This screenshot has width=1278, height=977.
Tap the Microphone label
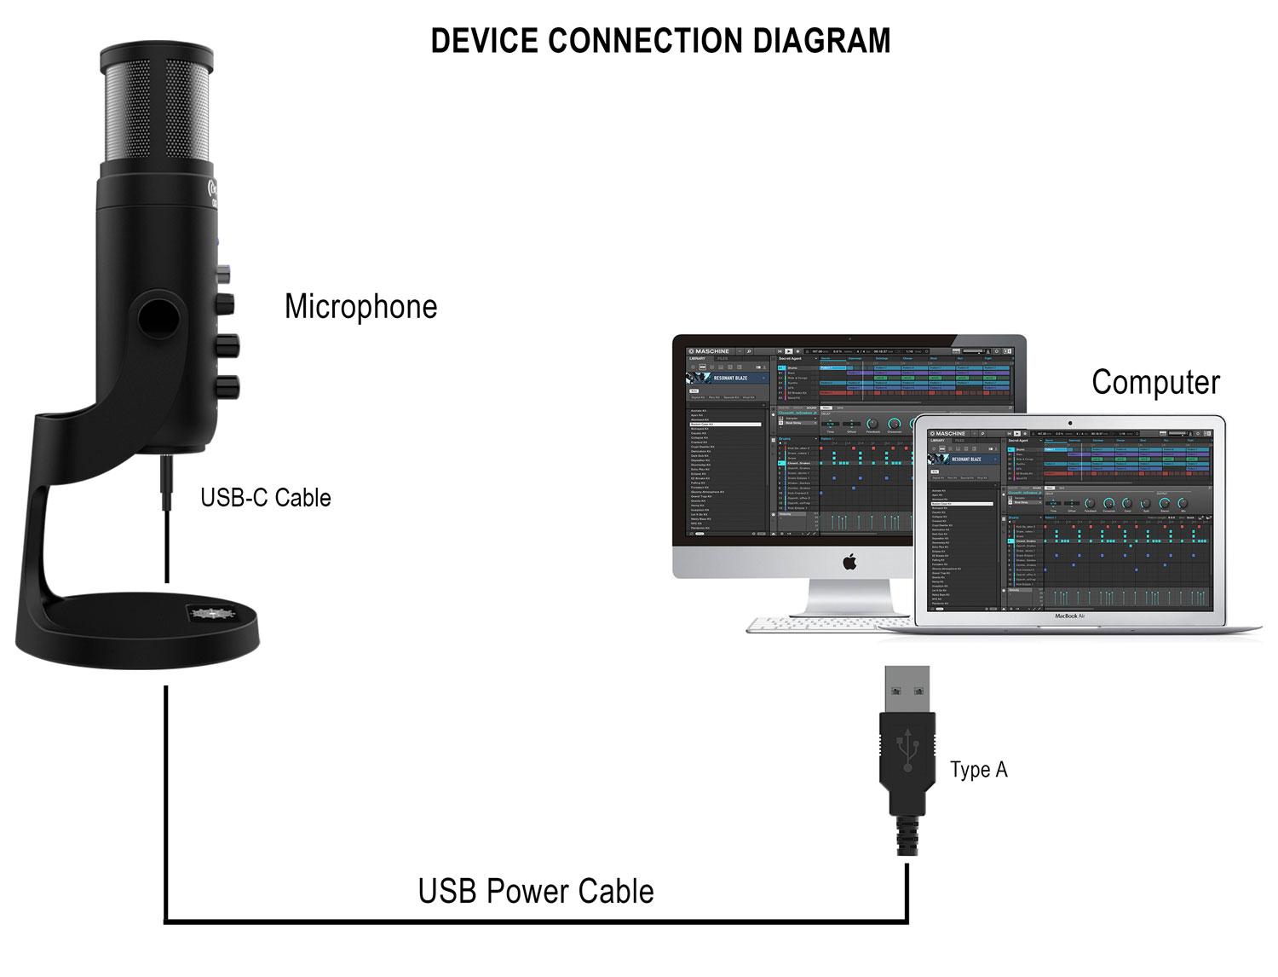tap(360, 307)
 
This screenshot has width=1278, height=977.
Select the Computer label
tap(1155, 382)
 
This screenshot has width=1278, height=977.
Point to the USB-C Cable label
tap(265, 498)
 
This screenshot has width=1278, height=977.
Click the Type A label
tap(978, 770)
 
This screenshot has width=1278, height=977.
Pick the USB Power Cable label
tap(536, 891)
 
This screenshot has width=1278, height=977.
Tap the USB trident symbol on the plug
tap(907, 749)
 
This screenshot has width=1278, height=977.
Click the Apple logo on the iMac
tap(849, 562)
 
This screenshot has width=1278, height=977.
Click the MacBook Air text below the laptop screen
tap(1070, 616)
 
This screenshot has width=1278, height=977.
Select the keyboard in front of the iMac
tap(809, 625)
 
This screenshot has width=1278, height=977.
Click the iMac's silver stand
tap(849, 596)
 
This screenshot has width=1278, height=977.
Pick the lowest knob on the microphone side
tap(228, 386)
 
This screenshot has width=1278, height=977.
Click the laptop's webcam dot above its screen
tap(1070, 422)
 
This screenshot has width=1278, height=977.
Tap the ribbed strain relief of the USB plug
tap(907, 835)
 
